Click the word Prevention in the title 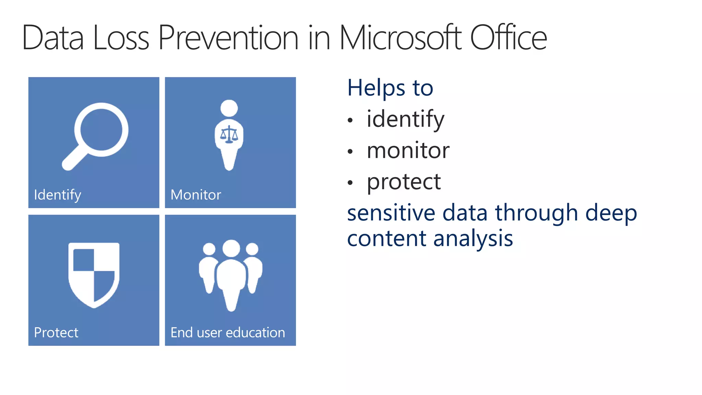point(228,38)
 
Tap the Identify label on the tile point(58,195)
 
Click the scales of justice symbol point(229,134)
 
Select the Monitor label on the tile point(196,195)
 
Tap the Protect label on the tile point(56,333)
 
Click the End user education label point(228,333)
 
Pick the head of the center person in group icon point(231,248)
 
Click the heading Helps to point(390,88)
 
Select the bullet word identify point(406,119)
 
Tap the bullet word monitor point(408,151)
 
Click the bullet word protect point(404,182)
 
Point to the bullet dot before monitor point(350,151)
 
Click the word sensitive point(391,213)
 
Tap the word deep point(611,213)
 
